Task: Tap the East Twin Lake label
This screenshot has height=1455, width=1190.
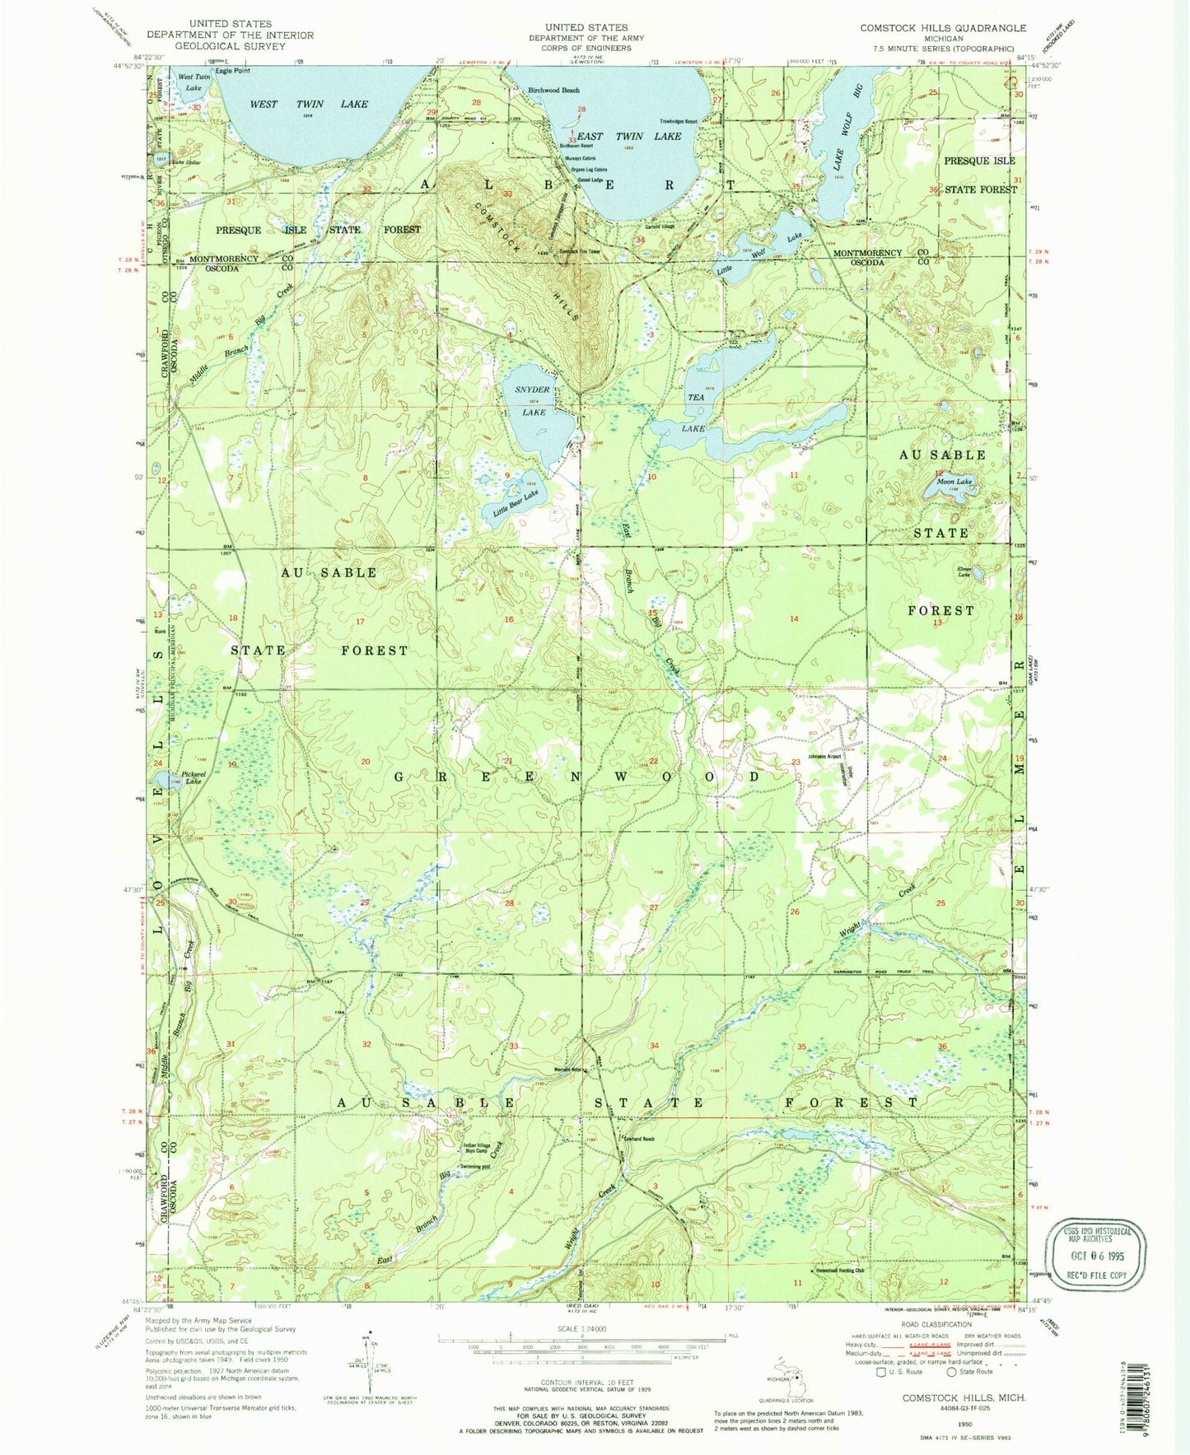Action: click(640, 136)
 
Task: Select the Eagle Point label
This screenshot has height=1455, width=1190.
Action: click(232, 71)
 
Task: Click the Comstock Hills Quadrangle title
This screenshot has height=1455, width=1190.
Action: click(943, 28)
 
